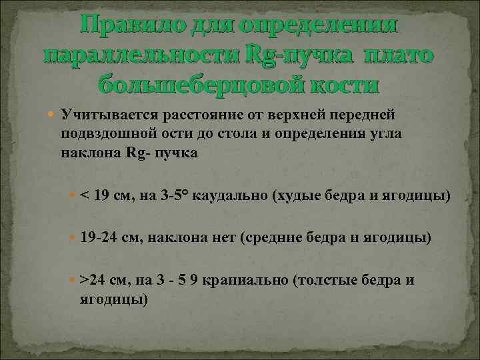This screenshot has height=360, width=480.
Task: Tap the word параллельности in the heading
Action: [137, 56]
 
